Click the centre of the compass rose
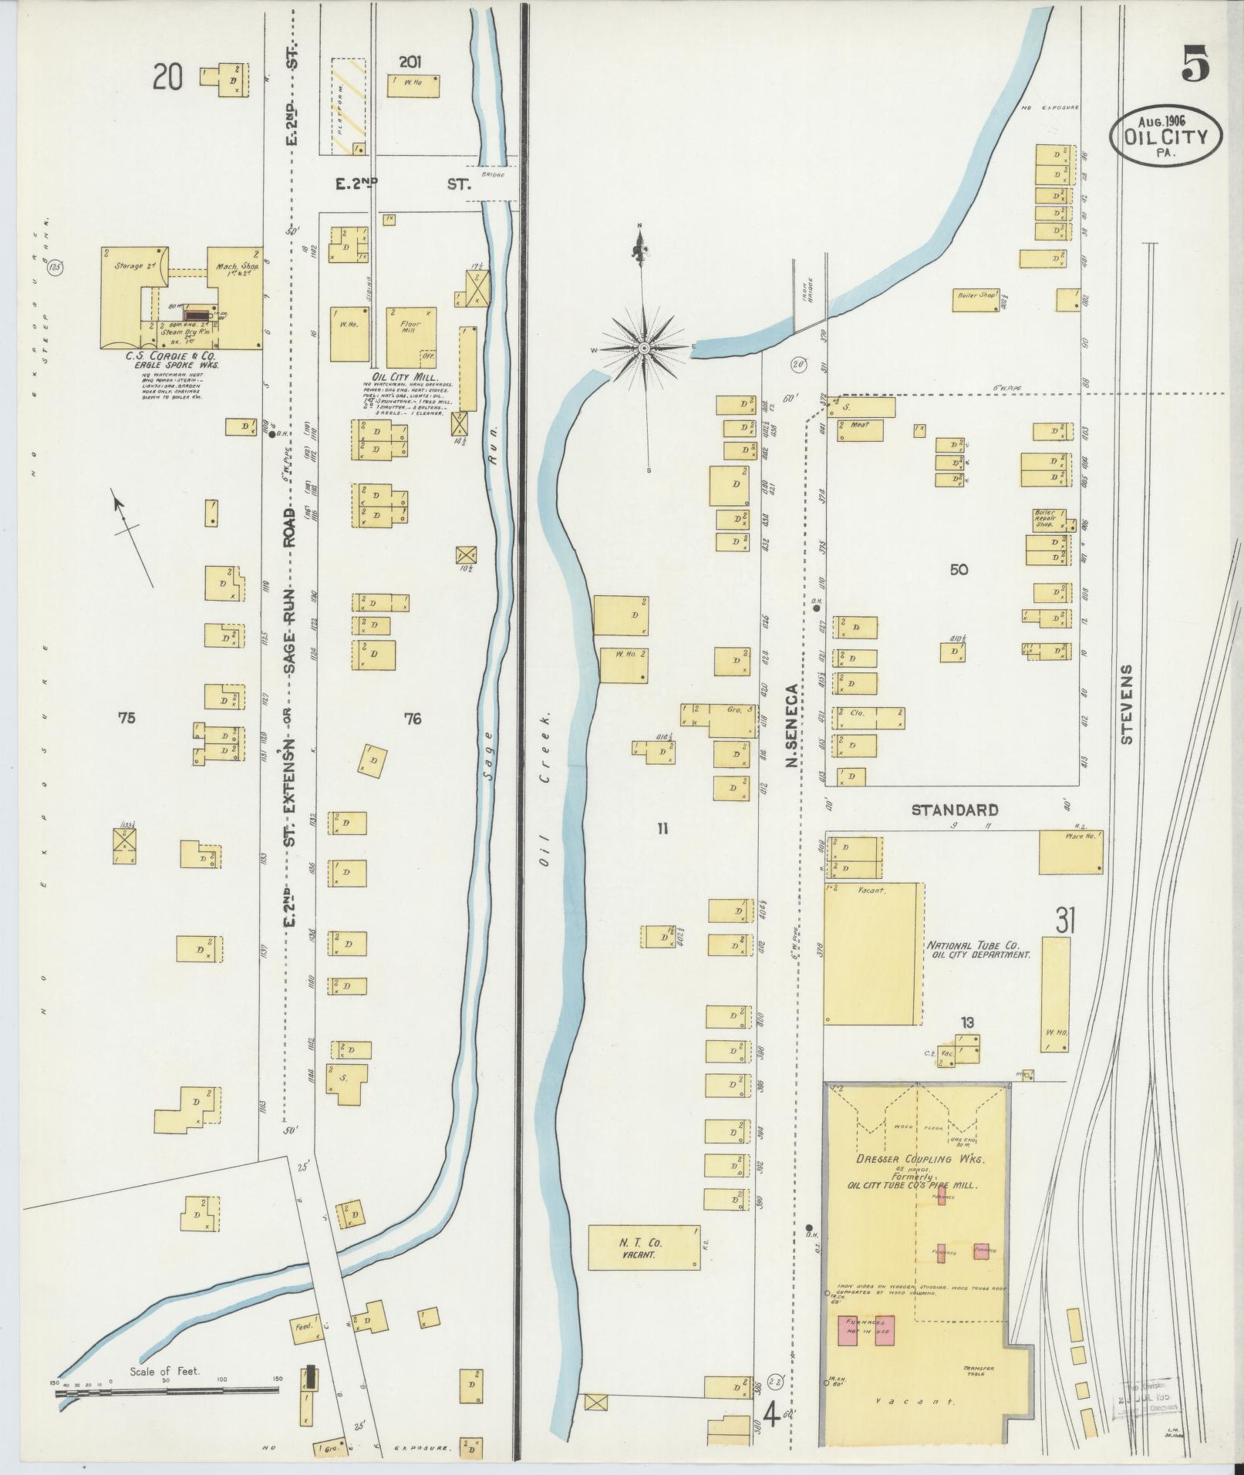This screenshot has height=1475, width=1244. [x=642, y=349]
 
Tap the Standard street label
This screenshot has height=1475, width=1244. [x=955, y=810]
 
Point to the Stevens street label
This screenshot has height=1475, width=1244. [x=1127, y=703]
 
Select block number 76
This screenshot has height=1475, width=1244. [x=413, y=719]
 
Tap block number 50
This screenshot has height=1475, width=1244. [x=959, y=570]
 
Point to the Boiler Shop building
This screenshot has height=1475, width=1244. [x=976, y=299]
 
